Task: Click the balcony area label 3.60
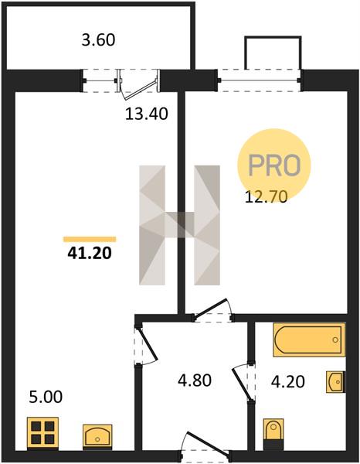click(98, 40)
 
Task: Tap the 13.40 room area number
click(146, 114)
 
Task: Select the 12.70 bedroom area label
click(266, 196)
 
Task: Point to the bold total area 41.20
click(90, 253)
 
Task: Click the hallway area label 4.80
click(195, 380)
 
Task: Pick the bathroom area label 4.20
click(288, 381)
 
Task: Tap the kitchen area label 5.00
click(46, 397)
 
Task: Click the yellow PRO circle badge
click(274, 165)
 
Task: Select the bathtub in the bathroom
click(309, 339)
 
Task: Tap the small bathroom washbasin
click(335, 382)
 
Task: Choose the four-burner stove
click(42, 432)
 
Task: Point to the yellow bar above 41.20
click(90, 239)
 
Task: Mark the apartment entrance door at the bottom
click(206, 446)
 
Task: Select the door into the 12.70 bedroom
click(212, 310)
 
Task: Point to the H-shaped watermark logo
click(179, 225)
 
